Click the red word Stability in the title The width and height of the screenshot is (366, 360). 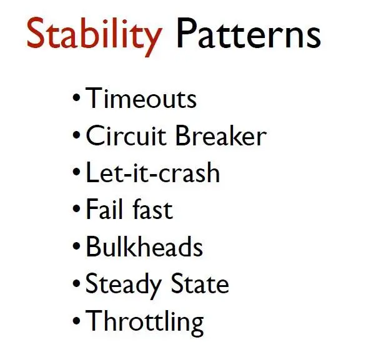pyautogui.click(x=94, y=36)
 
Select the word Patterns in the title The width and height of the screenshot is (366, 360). pyautogui.click(x=249, y=33)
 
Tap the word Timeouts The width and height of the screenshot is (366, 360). pyautogui.click(x=141, y=98)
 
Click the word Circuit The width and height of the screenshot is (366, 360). pyautogui.click(x=126, y=135)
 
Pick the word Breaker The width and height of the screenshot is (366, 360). pyautogui.click(x=221, y=135)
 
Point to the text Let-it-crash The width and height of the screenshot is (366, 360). pyautogui.click(x=153, y=172)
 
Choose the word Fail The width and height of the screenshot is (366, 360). pyautogui.click(x=104, y=209)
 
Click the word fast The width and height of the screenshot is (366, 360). pyautogui.click(x=153, y=209)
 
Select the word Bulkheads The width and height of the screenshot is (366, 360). pyautogui.click(x=144, y=246)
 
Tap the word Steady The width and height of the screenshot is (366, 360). pyautogui.click(x=124, y=286)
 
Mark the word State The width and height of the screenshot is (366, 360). pyautogui.click(x=200, y=283)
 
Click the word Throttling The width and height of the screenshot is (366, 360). pyautogui.click(x=144, y=323)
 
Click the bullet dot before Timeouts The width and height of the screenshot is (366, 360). pyautogui.click(x=76, y=97)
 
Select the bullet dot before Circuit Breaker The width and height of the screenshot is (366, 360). pyautogui.click(x=76, y=135)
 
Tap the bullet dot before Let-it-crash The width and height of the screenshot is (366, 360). pyautogui.click(x=76, y=172)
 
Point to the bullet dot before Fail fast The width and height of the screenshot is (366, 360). pyautogui.click(x=76, y=208)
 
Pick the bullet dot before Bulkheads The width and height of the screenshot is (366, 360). pyautogui.click(x=76, y=246)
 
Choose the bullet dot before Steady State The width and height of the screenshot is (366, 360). pyautogui.click(x=76, y=283)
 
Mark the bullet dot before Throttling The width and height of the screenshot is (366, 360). pyautogui.click(x=76, y=320)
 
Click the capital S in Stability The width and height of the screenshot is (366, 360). pyautogui.click(x=36, y=32)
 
